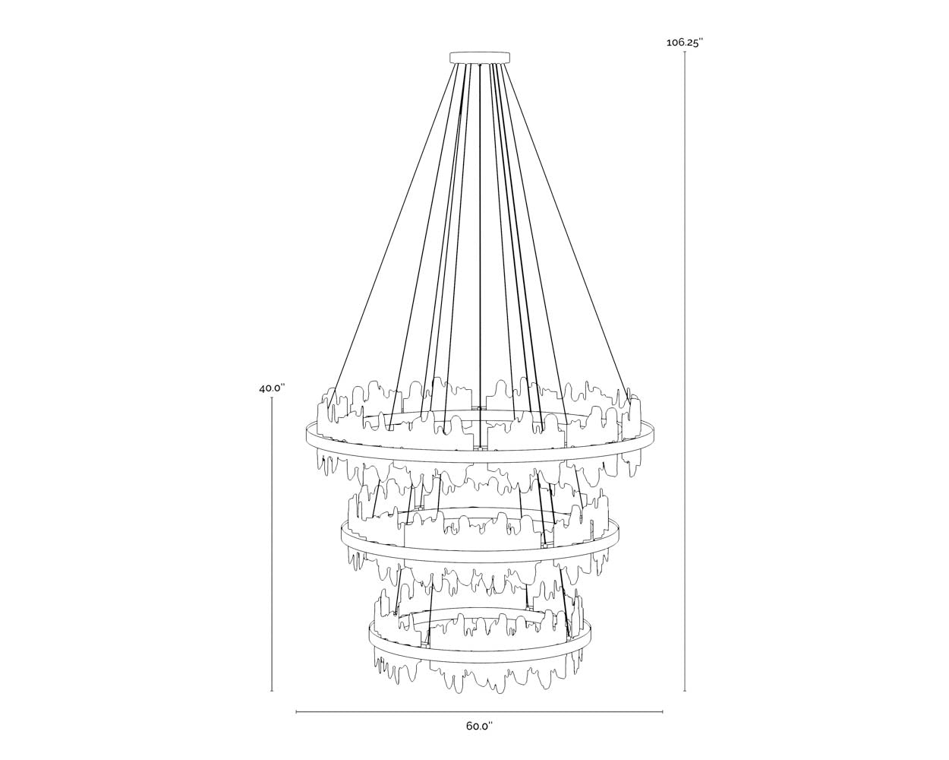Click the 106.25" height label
click(685, 43)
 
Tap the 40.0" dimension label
click(271, 388)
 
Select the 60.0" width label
click(479, 726)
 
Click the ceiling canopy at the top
click(480, 57)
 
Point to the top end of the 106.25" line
click(685, 52)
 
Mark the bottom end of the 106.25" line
click(685, 691)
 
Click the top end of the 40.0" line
click(272, 398)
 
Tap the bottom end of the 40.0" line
click(272, 691)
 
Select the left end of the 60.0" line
click(296, 712)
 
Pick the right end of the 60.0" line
click(663, 712)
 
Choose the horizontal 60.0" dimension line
click(479, 712)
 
